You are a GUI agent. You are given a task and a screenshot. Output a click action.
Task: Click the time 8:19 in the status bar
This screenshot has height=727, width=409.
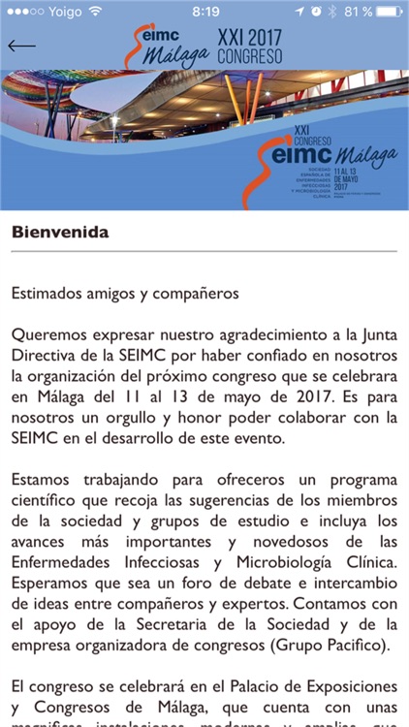(x=204, y=12)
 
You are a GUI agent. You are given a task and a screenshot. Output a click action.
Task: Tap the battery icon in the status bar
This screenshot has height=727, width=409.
(x=385, y=12)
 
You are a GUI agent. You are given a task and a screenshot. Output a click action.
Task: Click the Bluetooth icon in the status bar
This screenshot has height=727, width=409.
(x=331, y=12)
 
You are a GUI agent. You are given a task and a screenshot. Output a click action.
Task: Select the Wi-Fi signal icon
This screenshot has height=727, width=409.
(x=95, y=12)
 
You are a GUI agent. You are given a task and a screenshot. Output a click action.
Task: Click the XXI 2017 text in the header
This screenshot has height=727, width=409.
(x=250, y=36)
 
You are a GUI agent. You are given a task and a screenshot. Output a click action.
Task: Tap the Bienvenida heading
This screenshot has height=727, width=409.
(x=60, y=233)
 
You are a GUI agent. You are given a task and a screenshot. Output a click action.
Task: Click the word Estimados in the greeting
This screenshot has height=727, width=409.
(x=47, y=292)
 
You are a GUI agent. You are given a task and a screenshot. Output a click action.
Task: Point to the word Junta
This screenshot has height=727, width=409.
(x=376, y=334)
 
